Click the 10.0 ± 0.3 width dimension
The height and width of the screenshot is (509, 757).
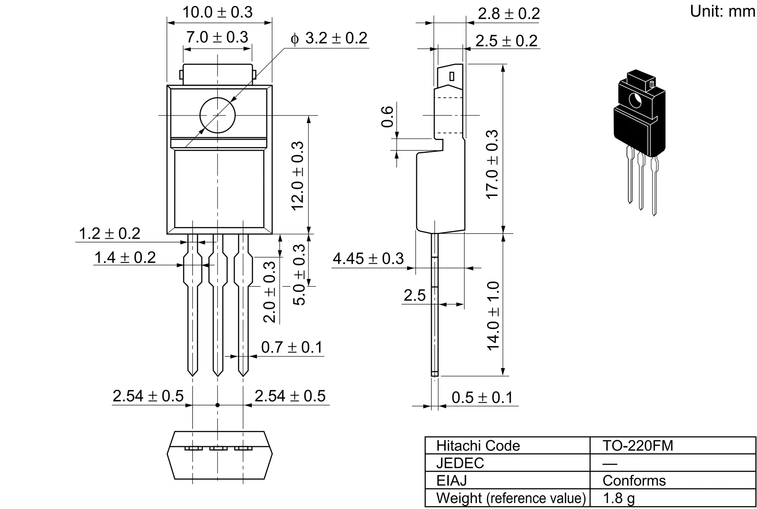(x=217, y=13)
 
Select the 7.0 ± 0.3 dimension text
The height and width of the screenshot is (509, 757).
(x=217, y=37)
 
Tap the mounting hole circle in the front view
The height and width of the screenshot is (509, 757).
(x=217, y=115)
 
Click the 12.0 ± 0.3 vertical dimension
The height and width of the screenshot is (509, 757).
(x=298, y=176)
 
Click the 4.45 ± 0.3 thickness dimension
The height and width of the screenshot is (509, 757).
(x=368, y=259)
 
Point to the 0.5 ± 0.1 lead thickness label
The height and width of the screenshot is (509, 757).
(x=482, y=398)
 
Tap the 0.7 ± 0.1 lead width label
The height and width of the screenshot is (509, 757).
(x=292, y=347)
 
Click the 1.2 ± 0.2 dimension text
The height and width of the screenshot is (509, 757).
(x=109, y=234)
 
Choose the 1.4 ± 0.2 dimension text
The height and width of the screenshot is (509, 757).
(x=125, y=258)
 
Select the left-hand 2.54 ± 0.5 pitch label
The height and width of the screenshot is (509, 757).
(x=148, y=396)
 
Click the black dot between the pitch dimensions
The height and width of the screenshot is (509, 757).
(x=217, y=405)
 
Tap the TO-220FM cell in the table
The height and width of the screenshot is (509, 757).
(x=638, y=446)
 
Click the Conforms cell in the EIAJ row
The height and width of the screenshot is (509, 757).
(x=634, y=481)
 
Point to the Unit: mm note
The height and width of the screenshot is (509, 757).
(x=722, y=11)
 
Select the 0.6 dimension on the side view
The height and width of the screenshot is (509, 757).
(x=387, y=116)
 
